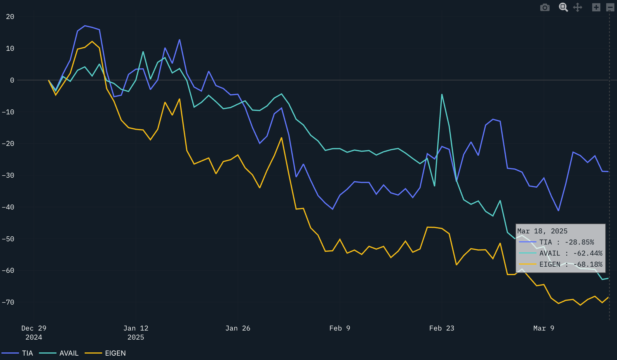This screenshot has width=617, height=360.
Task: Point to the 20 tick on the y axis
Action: [10, 17]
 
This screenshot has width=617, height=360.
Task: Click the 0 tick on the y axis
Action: [12, 80]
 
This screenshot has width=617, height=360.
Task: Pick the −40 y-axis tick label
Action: [8, 207]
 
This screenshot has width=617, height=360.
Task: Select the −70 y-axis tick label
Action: [8, 302]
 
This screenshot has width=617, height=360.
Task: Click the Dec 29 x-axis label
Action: [34, 328]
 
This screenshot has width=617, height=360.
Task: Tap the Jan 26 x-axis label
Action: [238, 328]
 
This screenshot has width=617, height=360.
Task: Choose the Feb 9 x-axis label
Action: [339, 328]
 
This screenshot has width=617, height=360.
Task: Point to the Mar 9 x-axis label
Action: [543, 328]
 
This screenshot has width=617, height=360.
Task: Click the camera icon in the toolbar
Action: [545, 7]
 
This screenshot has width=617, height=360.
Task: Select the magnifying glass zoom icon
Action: [563, 7]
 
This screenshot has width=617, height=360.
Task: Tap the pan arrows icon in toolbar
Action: [578, 7]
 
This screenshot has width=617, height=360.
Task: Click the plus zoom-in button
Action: [596, 7]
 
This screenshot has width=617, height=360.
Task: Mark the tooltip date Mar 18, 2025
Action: [542, 231]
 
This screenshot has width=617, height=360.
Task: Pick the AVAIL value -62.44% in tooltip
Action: [588, 253]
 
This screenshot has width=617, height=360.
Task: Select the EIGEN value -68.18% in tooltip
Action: [588, 264]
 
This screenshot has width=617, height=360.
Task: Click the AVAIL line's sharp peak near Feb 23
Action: [442, 95]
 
